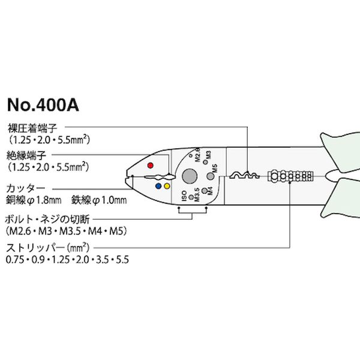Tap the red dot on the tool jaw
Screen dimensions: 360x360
click(x=150, y=164)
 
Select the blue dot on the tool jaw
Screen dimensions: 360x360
click(x=157, y=187)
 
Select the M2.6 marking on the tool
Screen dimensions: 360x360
click(x=197, y=154)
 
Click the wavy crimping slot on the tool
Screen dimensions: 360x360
click(x=244, y=176)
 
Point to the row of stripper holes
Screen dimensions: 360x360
click(x=290, y=176)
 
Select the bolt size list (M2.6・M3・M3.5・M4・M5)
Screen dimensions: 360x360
click(x=68, y=230)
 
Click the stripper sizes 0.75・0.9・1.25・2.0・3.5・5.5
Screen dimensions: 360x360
click(x=67, y=260)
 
